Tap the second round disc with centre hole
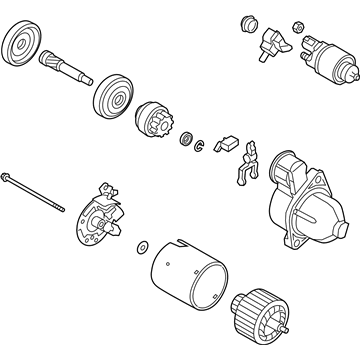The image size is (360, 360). click(x=113, y=98)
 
